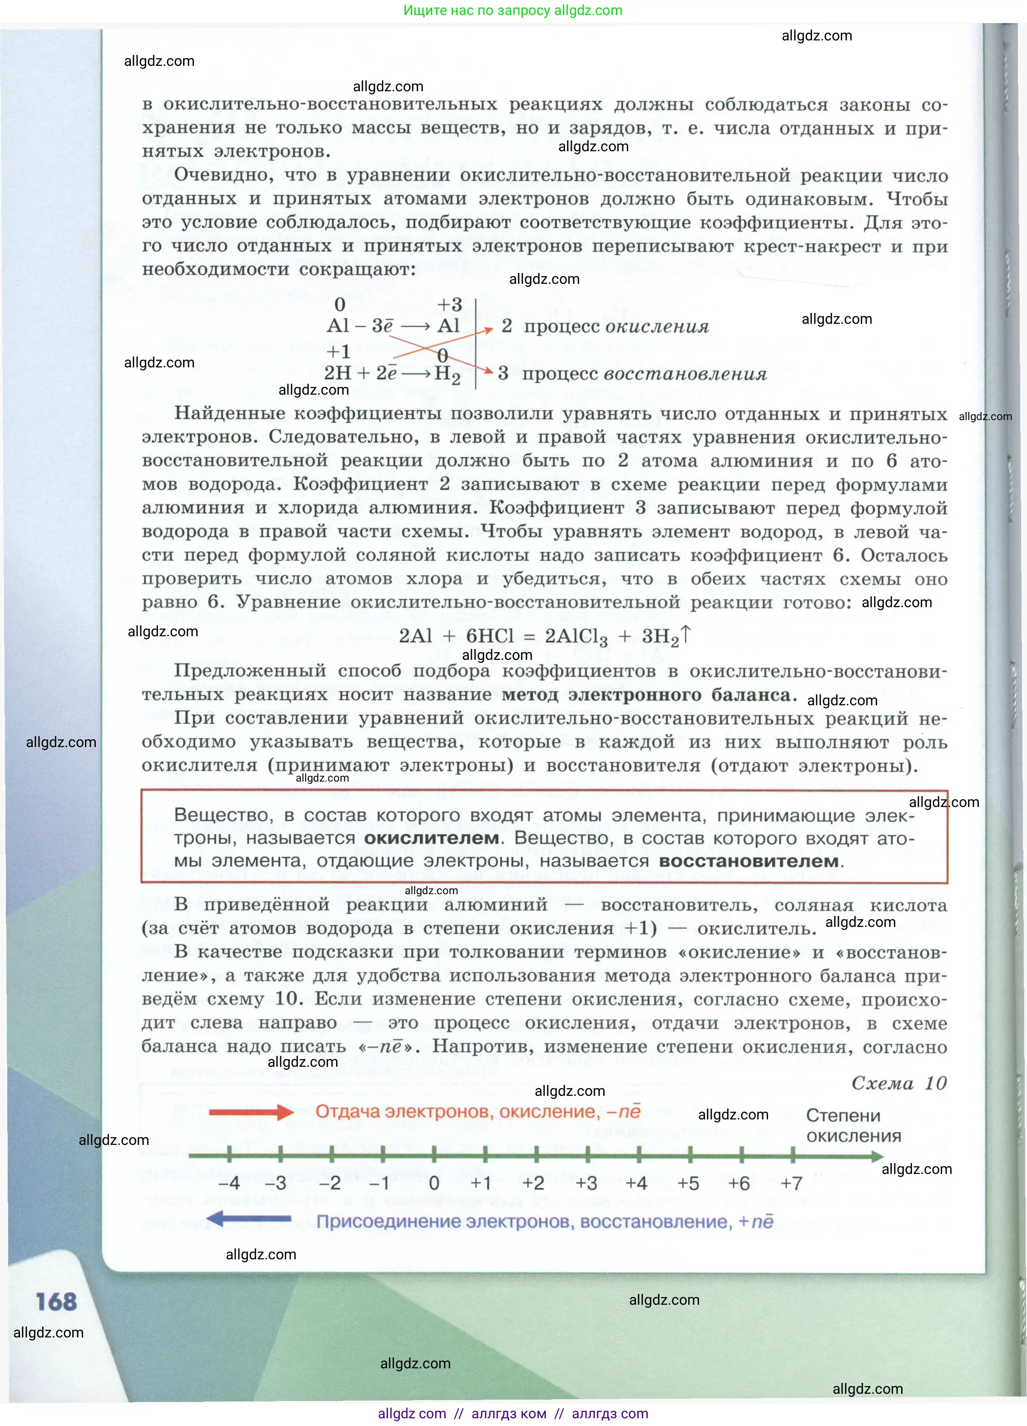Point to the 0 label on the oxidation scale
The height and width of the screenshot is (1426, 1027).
coord(434,1183)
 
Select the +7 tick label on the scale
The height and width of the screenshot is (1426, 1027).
coord(791,1183)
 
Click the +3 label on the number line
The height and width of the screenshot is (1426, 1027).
coord(586,1183)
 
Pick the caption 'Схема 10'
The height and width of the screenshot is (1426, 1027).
coord(899,1083)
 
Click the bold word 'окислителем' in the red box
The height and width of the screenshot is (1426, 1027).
coord(432,838)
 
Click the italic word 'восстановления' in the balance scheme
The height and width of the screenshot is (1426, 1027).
coord(685,374)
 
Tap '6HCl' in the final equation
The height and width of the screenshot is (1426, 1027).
coord(490,636)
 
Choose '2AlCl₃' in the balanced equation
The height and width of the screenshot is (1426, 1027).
coord(576,637)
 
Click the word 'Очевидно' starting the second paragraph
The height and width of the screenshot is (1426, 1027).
coord(223,175)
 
